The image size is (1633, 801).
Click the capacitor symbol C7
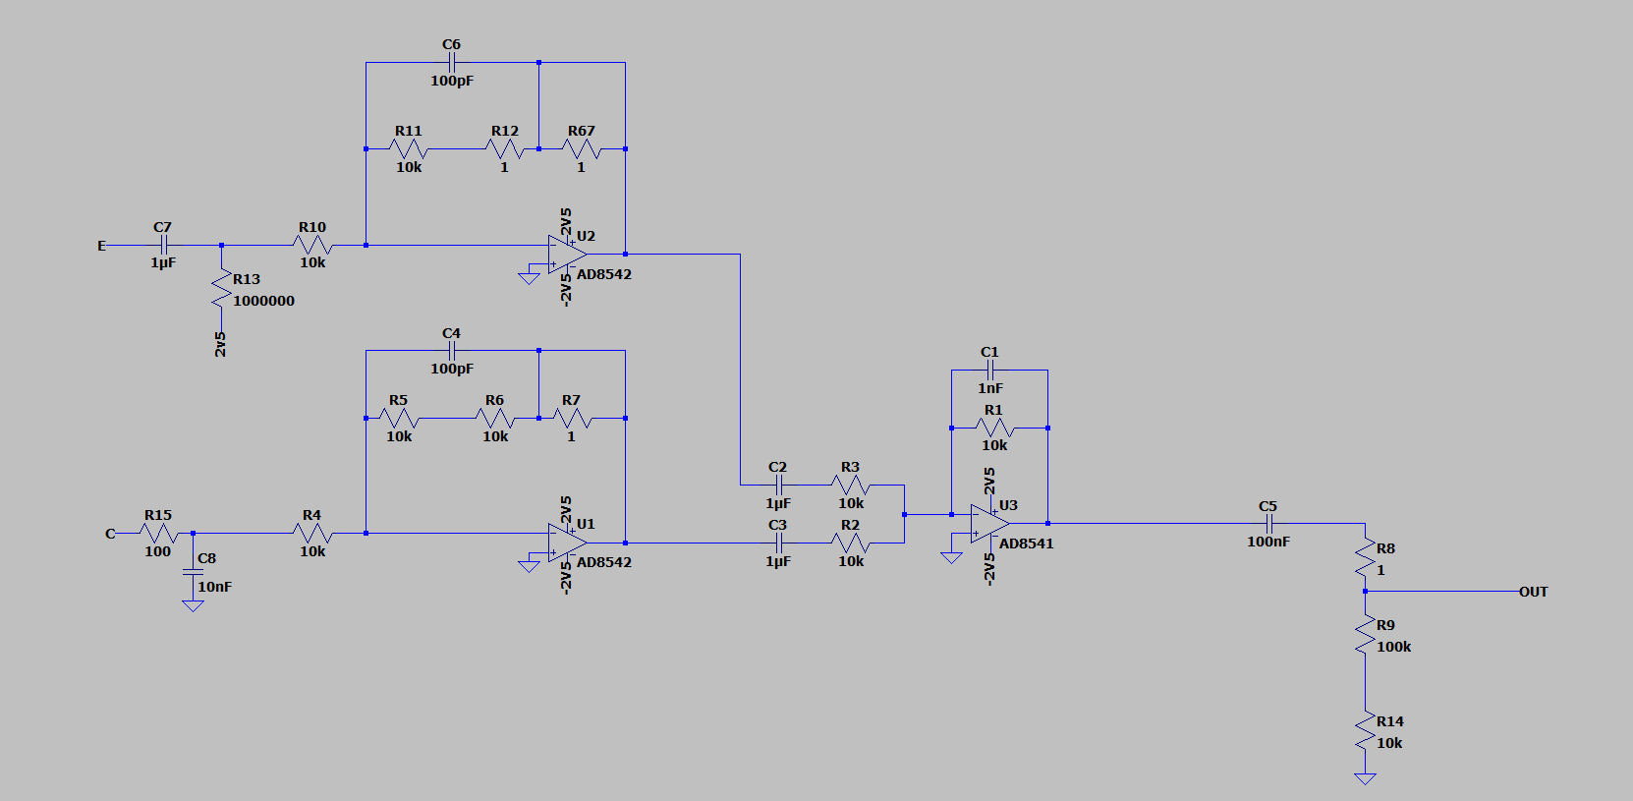[x=164, y=245]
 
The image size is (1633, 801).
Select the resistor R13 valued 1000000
[x=222, y=289]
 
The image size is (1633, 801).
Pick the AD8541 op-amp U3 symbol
[x=988, y=524]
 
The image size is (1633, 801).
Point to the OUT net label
[x=1533, y=592]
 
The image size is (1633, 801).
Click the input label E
[x=101, y=246]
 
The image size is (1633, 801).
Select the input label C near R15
[x=110, y=534]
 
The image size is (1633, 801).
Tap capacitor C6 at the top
[x=452, y=62]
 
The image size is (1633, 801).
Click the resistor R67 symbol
[x=582, y=149]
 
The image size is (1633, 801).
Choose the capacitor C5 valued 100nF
[x=1268, y=524]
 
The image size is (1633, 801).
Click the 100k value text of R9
[x=1393, y=647]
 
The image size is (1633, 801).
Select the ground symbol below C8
[x=193, y=606]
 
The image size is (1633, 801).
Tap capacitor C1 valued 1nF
[x=989, y=371]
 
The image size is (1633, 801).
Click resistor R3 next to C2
[x=851, y=485]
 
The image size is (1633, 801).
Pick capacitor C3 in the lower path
[x=778, y=543]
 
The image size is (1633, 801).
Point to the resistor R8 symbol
[x=1365, y=558]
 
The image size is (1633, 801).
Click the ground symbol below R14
[x=1365, y=778]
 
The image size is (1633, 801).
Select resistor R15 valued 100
[x=158, y=534]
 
